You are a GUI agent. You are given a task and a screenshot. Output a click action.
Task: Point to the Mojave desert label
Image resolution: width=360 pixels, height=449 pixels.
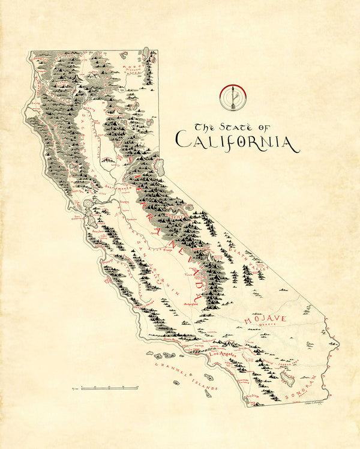266,319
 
